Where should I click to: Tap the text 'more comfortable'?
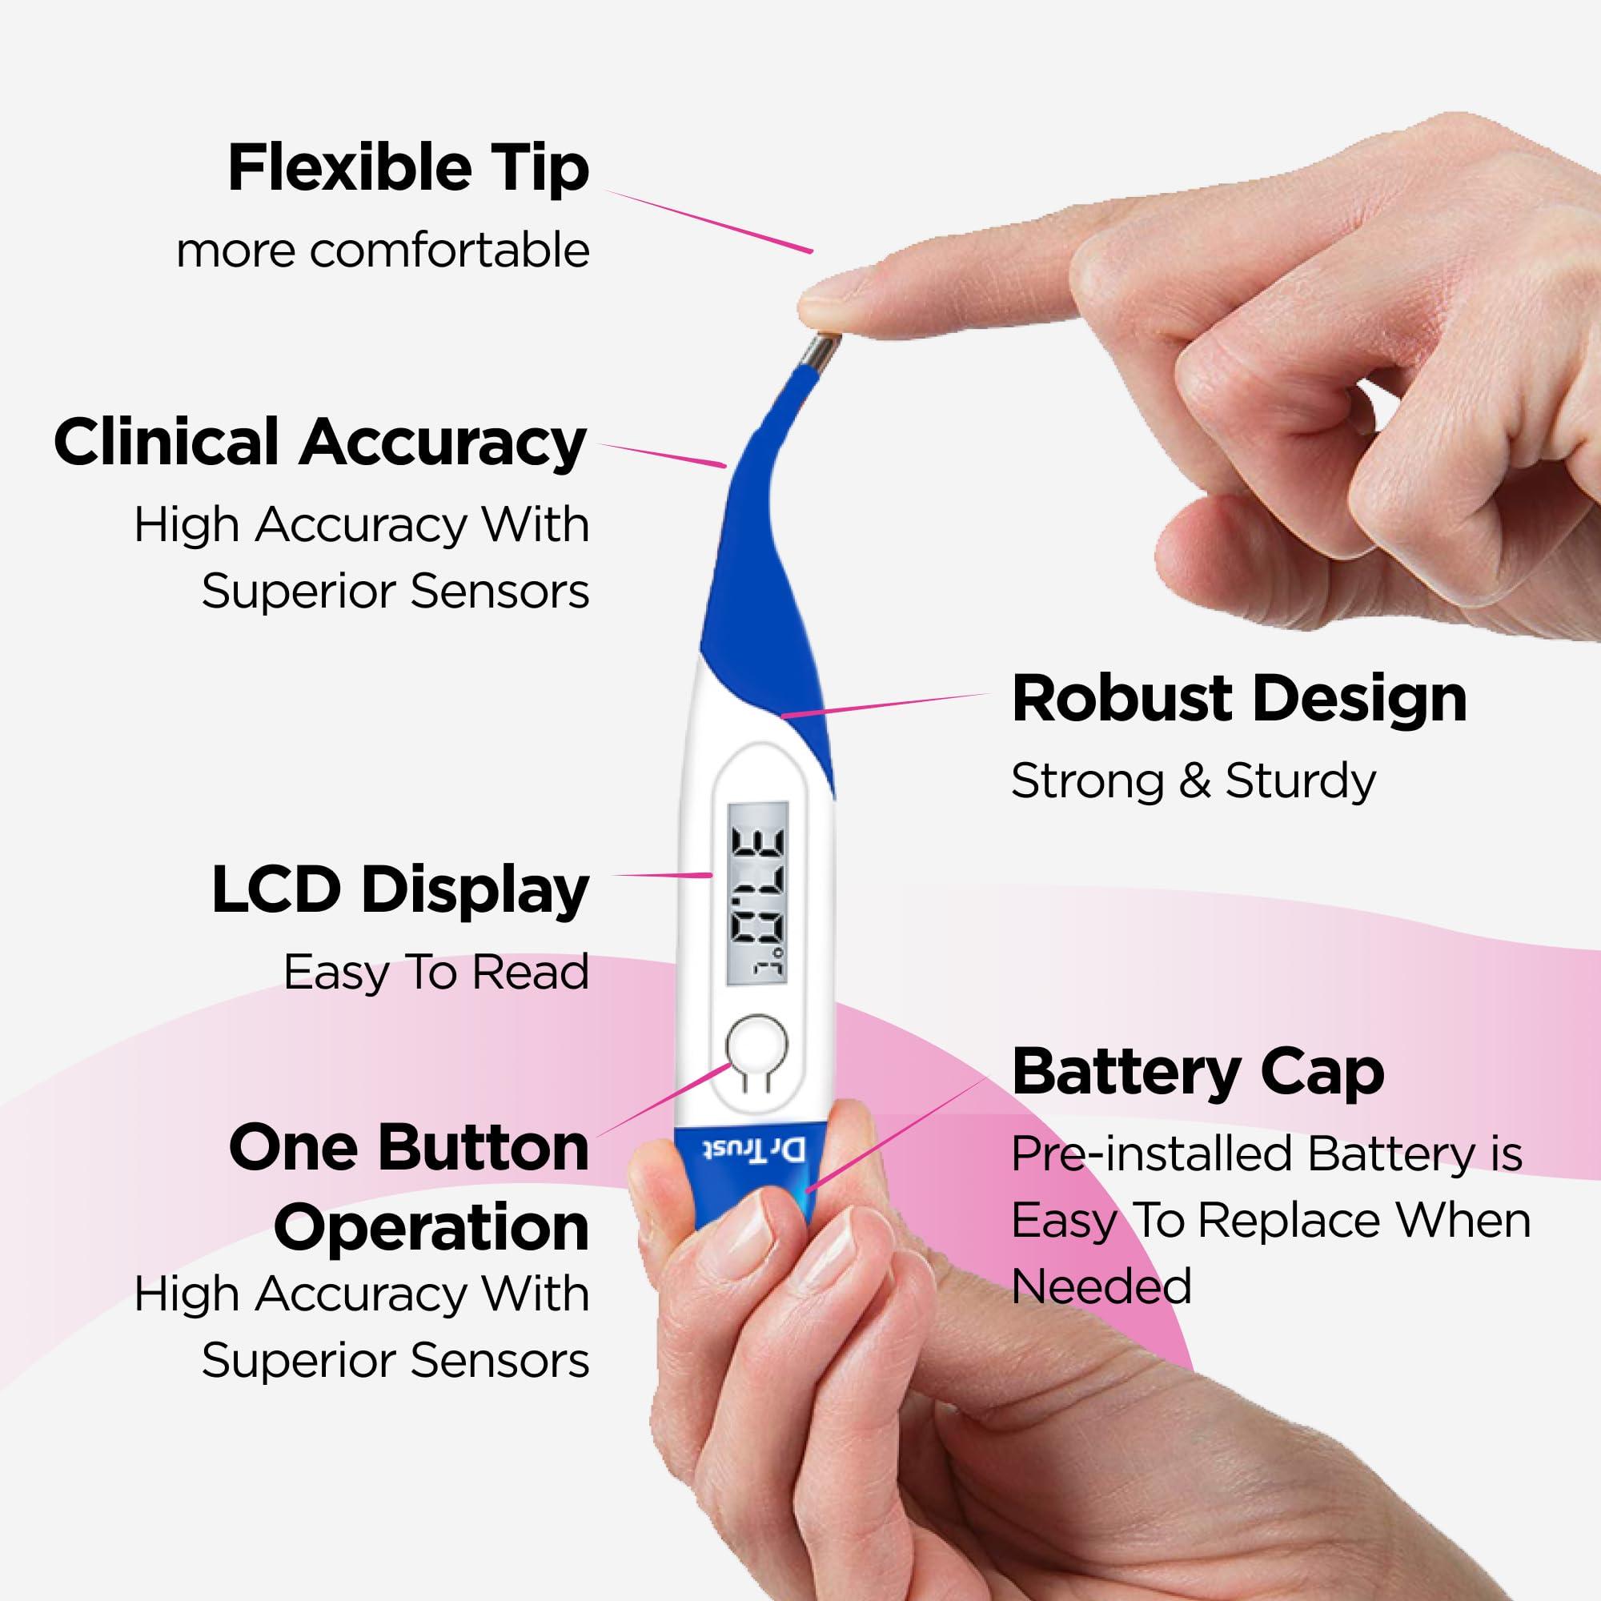[x=383, y=251]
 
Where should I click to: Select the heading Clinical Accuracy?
[x=320, y=443]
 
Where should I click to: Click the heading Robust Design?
[x=1239, y=699]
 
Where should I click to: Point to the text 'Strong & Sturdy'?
[x=1193, y=780]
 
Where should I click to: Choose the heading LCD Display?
[x=399, y=891]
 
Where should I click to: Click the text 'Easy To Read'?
[x=436, y=972]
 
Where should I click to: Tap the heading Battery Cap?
[x=1198, y=1072]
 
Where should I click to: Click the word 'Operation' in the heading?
[x=431, y=1227]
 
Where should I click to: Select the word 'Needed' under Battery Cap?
[x=1101, y=1286]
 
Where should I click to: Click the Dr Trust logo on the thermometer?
[x=754, y=1150]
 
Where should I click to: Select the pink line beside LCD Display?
[x=661, y=874]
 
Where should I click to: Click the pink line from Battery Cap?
[x=899, y=1134]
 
